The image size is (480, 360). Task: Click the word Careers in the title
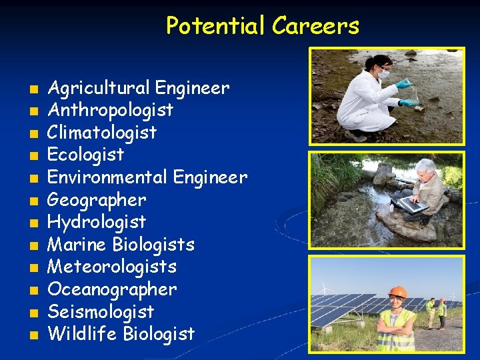pos(315,26)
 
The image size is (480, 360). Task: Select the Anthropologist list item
pos(111,110)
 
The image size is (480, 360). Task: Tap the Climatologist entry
pos(102,132)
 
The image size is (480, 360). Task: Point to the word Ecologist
pos(86,155)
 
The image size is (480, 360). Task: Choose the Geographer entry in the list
pos(97,200)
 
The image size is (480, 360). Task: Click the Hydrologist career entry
pos(97,222)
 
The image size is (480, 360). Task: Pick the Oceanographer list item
pos(112,289)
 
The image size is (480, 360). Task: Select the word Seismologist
pos(101,312)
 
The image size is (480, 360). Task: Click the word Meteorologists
pos(112,267)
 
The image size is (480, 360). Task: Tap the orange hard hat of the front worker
pos(397,292)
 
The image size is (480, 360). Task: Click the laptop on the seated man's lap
pos(409,203)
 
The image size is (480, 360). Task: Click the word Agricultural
pos(99,87)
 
